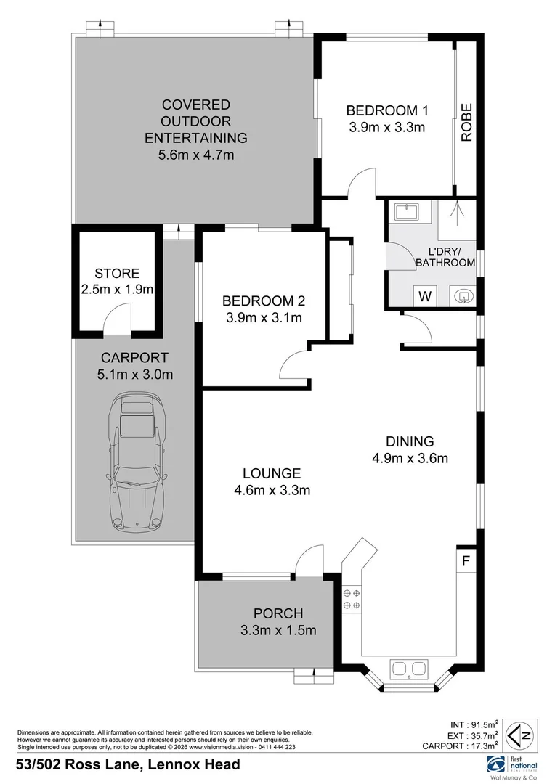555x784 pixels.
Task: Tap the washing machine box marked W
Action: [x=425, y=296]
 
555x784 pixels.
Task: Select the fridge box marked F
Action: [x=466, y=561]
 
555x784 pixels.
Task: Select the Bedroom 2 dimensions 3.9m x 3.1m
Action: [x=262, y=317]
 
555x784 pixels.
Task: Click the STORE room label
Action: [x=117, y=274]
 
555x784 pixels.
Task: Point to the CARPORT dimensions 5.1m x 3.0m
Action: [x=134, y=374]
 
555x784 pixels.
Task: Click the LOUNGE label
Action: [x=272, y=472]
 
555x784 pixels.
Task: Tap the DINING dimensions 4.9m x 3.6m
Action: [x=410, y=457]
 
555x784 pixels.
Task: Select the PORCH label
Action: [x=277, y=613]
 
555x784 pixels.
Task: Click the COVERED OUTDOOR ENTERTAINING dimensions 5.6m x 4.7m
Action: [x=195, y=155]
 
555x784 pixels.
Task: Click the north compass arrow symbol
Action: [x=522, y=735]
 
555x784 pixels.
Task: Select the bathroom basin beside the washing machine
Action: [x=461, y=296]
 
